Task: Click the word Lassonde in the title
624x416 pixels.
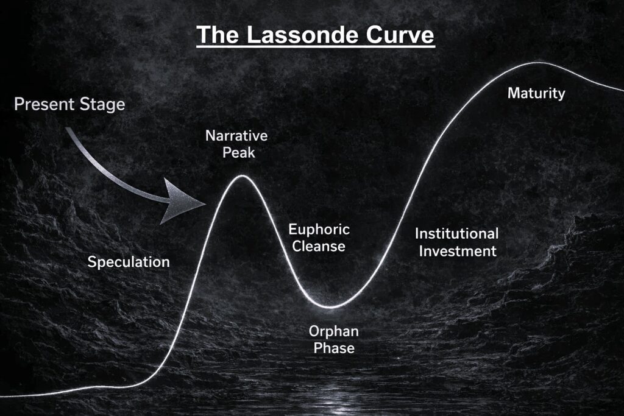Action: click(297, 35)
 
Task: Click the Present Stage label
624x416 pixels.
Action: click(69, 104)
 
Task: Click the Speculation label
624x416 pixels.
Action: click(129, 263)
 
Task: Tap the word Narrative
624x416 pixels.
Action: click(236, 135)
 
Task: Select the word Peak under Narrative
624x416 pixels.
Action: click(238, 152)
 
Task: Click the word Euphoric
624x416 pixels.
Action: click(319, 230)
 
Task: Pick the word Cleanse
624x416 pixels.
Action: click(319, 247)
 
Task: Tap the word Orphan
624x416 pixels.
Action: click(333, 332)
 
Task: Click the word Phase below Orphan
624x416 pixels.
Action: click(333, 348)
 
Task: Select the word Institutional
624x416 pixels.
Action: click(456, 233)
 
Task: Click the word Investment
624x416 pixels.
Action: click(456, 250)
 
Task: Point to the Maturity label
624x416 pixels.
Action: click(536, 94)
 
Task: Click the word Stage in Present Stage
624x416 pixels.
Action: click(101, 104)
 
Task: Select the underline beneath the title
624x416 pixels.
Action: click(315, 46)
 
